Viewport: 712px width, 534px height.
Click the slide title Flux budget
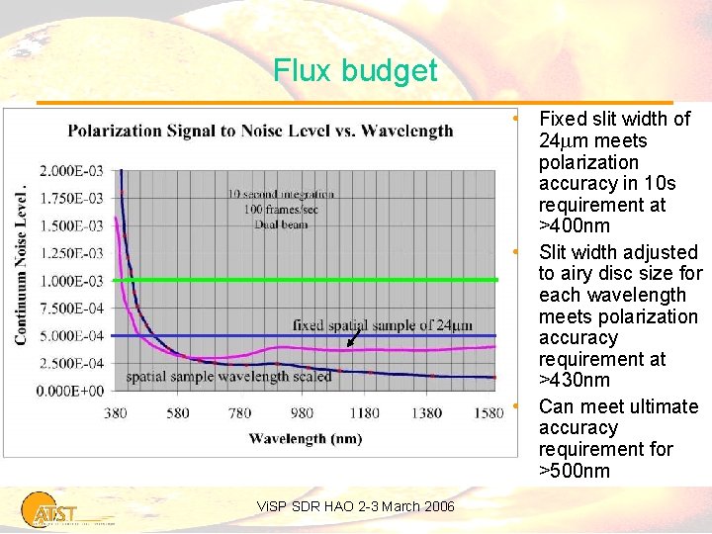(x=355, y=71)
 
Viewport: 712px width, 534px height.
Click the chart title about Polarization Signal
(x=260, y=131)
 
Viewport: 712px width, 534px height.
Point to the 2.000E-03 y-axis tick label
(x=70, y=170)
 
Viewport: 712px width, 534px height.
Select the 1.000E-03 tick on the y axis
(x=70, y=281)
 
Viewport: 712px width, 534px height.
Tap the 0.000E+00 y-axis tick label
(x=70, y=391)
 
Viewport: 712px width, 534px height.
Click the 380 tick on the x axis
(x=117, y=412)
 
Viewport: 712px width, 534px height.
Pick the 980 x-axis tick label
(x=303, y=412)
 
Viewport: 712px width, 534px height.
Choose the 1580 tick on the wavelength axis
(x=489, y=412)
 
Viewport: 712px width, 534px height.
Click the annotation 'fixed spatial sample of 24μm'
(x=383, y=324)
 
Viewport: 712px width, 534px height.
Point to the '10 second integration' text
(x=281, y=194)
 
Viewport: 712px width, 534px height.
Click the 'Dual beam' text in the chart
(x=281, y=223)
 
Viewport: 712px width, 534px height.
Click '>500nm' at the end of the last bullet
(x=574, y=471)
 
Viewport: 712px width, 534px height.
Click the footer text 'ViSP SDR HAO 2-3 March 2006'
(x=356, y=506)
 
